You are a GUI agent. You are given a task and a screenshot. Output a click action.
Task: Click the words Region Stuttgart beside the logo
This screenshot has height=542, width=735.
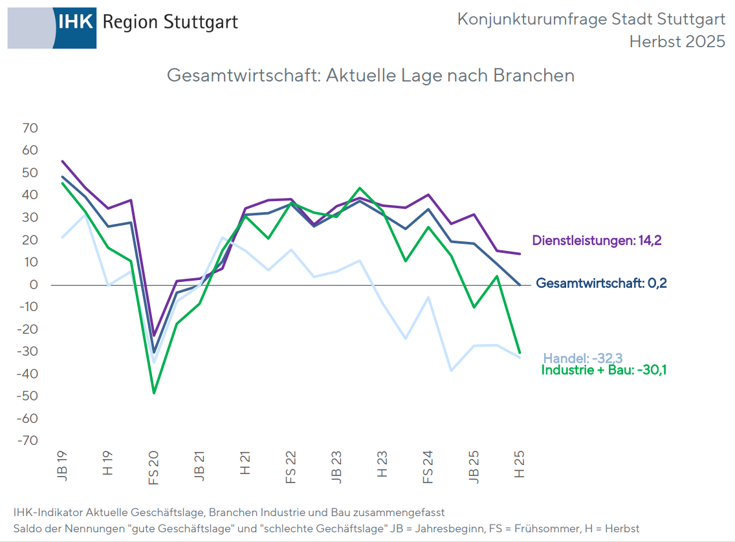[x=170, y=22]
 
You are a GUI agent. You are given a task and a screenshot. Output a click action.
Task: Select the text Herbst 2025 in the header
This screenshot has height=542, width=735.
[x=677, y=42]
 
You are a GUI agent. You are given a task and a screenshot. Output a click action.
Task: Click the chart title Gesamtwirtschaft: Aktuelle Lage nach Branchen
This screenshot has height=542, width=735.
[x=371, y=75]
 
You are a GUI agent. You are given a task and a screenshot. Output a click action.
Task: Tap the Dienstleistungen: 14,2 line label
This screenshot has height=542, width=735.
[x=597, y=241]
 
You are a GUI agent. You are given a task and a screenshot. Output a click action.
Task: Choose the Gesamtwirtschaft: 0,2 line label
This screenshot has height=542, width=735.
[x=602, y=283]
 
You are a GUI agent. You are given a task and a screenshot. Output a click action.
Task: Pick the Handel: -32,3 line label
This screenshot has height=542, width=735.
[x=582, y=358]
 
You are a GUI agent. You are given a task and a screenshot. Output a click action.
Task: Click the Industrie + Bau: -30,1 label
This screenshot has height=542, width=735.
[x=603, y=371]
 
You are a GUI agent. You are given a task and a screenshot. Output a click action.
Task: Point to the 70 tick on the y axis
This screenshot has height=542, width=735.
[x=30, y=128]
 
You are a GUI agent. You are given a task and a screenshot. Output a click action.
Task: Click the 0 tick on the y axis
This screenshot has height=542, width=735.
[x=34, y=285]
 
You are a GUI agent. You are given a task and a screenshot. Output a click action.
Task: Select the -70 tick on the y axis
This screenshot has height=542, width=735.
[x=27, y=441]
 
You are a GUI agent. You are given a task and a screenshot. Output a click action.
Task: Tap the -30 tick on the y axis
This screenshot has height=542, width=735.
[x=27, y=352]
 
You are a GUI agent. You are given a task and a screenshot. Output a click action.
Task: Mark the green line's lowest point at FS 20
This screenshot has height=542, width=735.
[x=154, y=393]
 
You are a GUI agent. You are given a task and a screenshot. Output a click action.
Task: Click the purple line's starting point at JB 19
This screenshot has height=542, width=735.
[x=63, y=161]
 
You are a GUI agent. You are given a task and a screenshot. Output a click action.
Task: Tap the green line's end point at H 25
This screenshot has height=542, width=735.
[x=520, y=352]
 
